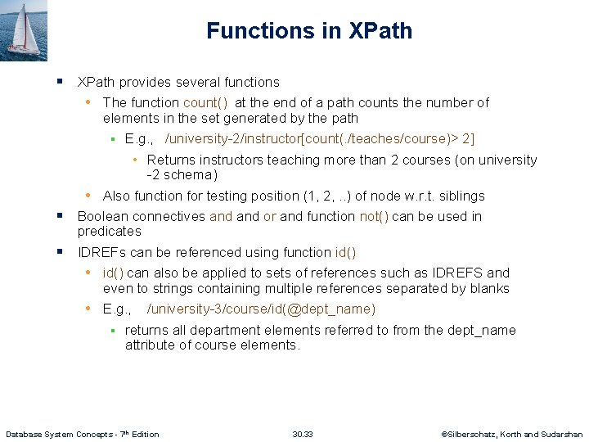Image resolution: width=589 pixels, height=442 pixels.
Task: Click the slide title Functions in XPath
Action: coord(309,31)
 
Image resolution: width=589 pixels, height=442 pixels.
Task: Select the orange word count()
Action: coord(207,102)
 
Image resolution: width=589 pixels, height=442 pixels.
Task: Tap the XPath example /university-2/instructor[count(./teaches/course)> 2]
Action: coord(320,139)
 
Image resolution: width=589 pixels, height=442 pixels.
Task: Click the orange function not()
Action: coord(374,216)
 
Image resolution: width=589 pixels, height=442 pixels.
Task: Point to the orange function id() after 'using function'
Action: coord(345,252)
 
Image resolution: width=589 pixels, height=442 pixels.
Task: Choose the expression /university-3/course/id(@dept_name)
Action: coord(261,309)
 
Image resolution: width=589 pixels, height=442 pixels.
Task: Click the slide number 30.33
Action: coord(303,434)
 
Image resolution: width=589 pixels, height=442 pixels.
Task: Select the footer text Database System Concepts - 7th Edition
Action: coord(83,434)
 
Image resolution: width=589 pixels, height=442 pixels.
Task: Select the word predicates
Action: coord(109,231)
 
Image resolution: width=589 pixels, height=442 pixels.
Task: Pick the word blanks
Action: coord(488,288)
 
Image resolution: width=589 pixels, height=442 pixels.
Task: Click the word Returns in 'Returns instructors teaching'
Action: coord(170,160)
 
